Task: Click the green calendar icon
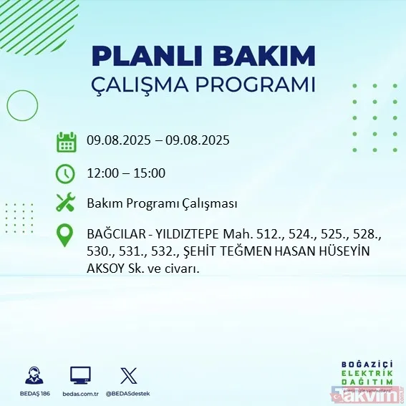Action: [67, 141]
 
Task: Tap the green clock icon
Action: [66, 173]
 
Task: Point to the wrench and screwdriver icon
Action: [66, 203]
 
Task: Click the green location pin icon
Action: [66, 236]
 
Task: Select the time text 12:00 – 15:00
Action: [126, 173]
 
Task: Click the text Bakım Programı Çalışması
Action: [162, 203]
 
